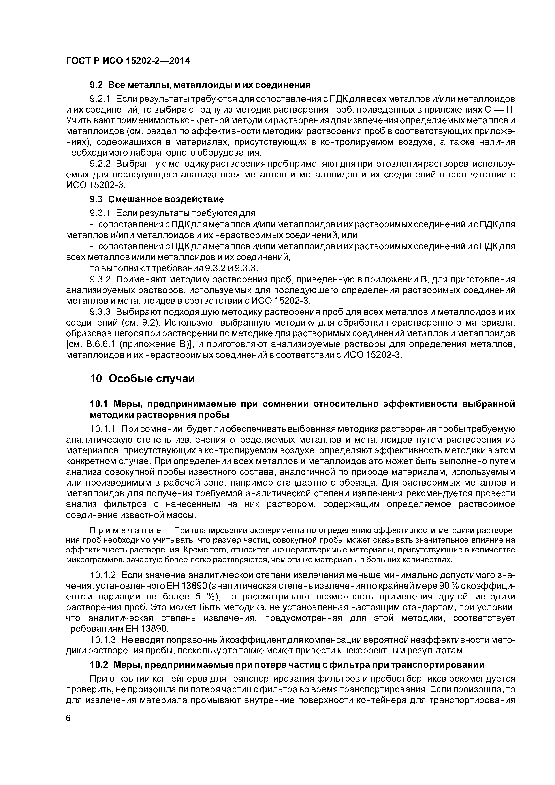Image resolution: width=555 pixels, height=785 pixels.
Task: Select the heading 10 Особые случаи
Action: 142,379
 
